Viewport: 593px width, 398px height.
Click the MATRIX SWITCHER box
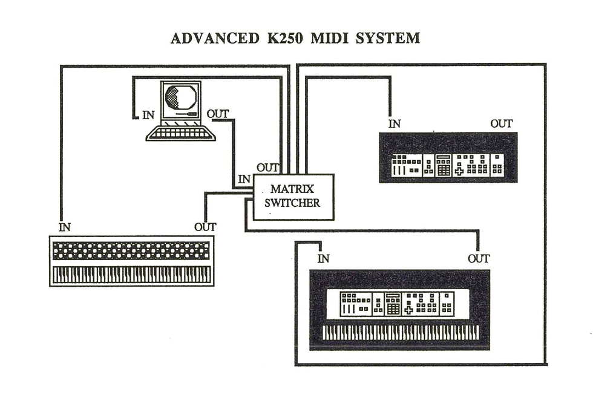(x=293, y=197)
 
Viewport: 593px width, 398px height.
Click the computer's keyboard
(x=180, y=132)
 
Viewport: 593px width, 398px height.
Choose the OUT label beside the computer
(x=218, y=114)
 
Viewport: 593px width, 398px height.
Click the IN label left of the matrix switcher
(x=244, y=179)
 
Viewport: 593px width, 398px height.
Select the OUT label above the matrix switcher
(x=268, y=168)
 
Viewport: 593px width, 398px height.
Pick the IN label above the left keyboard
(x=65, y=227)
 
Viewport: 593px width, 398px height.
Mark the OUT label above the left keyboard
(x=206, y=227)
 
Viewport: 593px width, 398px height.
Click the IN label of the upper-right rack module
(x=395, y=124)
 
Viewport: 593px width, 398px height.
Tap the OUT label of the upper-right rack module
(x=502, y=124)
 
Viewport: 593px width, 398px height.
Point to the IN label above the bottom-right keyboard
(x=324, y=259)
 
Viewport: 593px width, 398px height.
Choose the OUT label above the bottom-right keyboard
(x=479, y=259)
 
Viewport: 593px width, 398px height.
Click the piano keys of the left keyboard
(x=132, y=275)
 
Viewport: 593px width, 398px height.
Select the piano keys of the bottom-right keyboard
(x=400, y=332)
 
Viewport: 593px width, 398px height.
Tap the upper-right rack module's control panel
(x=448, y=164)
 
